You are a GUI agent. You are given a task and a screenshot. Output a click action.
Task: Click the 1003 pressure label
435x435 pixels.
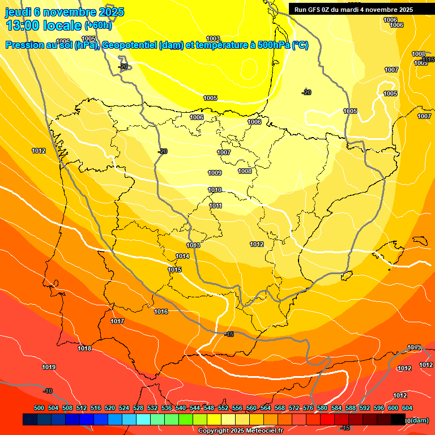pyautogui.click(x=213, y=39)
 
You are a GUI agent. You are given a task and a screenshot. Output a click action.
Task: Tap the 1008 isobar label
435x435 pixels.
pyautogui.click(x=245, y=171)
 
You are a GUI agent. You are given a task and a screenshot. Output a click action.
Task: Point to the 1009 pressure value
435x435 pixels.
pyautogui.click(x=215, y=173)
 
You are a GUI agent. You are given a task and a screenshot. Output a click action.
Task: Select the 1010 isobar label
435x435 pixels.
pyautogui.click(x=215, y=190)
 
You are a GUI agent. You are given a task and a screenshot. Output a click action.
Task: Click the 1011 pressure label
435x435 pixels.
pyautogui.click(x=216, y=206)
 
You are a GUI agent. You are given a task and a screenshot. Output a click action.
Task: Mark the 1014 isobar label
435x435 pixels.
pyautogui.click(x=182, y=256)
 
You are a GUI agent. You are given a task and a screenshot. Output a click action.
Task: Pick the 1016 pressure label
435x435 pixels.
pyautogui.click(x=161, y=312)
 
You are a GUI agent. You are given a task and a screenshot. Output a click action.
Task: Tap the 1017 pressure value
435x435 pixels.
pyautogui.click(x=117, y=321)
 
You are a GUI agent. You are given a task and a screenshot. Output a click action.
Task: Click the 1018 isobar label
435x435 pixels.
pyautogui.click(x=84, y=348)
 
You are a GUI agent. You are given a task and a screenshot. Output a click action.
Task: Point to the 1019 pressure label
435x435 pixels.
pyautogui.click(x=49, y=367)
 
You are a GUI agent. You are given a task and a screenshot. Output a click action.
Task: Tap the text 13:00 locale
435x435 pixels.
pyautogui.click(x=43, y=25)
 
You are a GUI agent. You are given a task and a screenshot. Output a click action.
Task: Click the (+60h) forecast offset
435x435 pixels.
pyautogui.click(x=98, y=25)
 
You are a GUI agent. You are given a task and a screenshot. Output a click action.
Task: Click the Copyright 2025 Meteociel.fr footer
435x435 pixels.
pyautogui.click(x=240, y=430)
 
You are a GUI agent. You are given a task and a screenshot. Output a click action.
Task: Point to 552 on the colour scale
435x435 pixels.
pyautogui.click(x=223, y=408)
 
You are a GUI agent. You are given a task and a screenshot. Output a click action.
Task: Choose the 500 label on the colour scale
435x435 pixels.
pyautogui.click(x=39, y=408)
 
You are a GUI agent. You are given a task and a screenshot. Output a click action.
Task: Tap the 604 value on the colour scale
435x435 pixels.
pyautogui.click(x=407, y=408)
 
